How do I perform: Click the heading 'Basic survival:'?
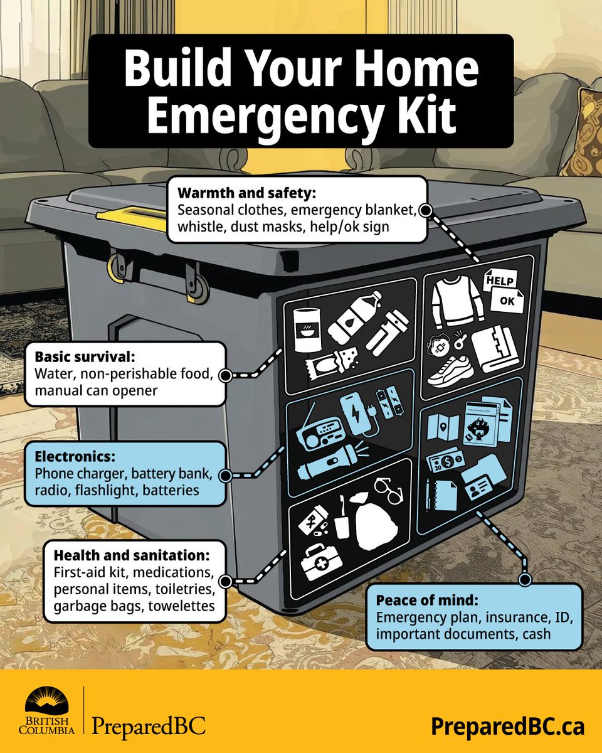[85, 357]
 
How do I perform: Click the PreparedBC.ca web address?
[507, 726]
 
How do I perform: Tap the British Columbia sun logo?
[50, 700]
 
